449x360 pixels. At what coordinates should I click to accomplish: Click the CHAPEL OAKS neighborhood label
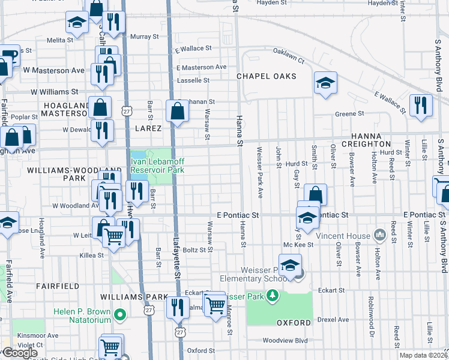coord(267,76)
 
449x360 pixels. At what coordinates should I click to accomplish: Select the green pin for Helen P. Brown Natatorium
coord(120,313)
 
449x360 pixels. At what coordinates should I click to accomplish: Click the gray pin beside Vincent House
coord(379,234)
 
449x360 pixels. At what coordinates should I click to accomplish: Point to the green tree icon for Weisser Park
coord(273,296)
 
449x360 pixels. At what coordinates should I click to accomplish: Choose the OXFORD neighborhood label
coord(294,323)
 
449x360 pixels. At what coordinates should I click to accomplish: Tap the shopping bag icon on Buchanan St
coord(177,111)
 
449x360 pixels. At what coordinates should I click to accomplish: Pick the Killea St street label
coord(92,255)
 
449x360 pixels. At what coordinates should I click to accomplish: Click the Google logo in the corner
coord(20,352)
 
